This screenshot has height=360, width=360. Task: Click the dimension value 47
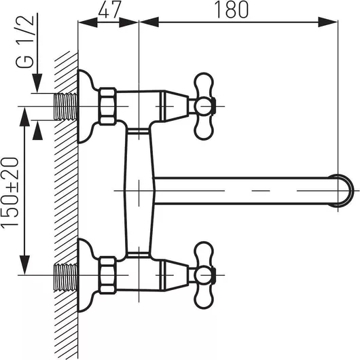coord(109,10)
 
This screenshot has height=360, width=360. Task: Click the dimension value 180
coord(231,10)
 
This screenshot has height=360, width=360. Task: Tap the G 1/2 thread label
coord(25,41)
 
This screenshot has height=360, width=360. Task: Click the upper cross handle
coord(204,106)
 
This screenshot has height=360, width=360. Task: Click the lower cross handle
coord(204,275)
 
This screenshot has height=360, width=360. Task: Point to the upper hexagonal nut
coord(107,106)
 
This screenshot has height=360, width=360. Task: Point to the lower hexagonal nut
coord(107,275)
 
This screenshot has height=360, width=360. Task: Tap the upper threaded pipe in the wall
coord(66,107)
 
